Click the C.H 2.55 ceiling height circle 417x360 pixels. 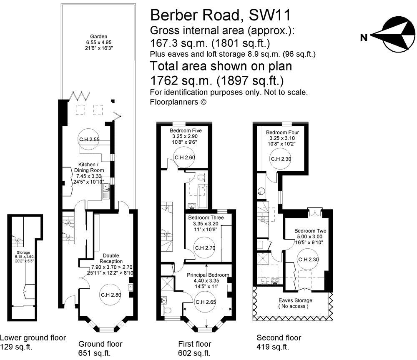pos(89,140)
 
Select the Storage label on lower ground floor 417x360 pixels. pos(23,252)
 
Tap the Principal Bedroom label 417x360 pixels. pos(208,275)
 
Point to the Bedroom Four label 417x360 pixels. pos(282,132)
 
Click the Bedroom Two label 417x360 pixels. pos(310,231)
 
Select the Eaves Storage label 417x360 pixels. pos(295,300)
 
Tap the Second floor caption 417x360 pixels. pos(279,337)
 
